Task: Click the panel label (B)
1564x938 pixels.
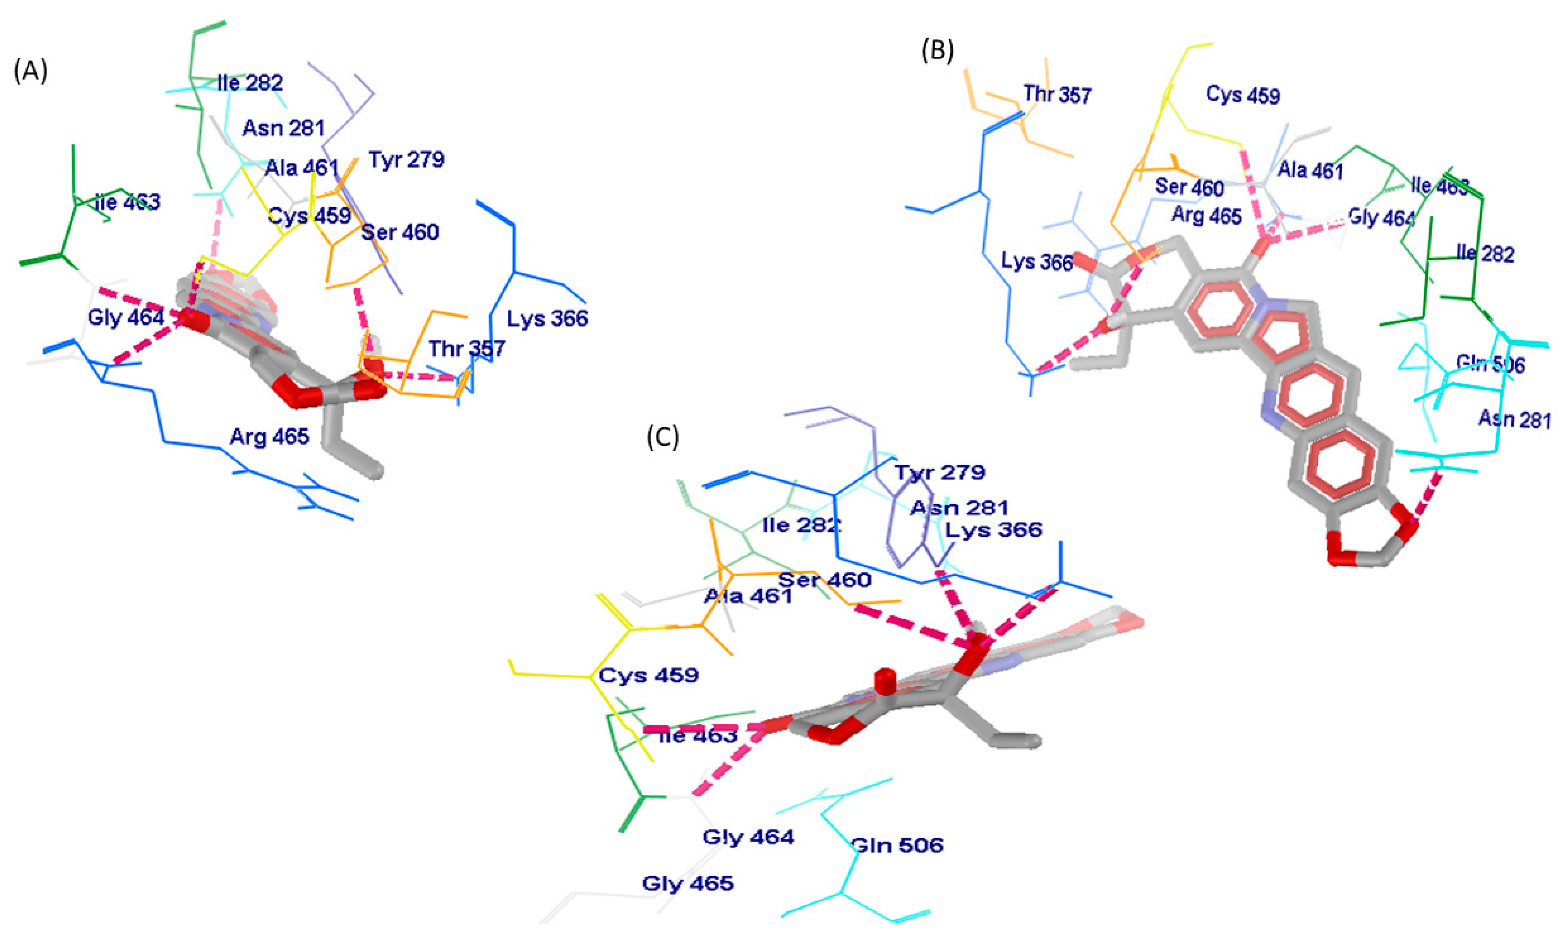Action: point(937,50)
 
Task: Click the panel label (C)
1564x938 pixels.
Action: point(663,437)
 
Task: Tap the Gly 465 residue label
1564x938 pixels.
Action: point(688,883)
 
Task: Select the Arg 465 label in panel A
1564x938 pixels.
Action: point(269,436)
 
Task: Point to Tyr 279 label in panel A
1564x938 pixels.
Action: point(406,159)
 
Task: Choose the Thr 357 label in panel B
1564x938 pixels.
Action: point(1057,95)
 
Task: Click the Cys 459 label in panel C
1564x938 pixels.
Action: point(649,675)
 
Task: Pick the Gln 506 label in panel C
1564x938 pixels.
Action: point(897,845)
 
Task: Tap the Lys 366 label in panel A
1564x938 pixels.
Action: point(547,318)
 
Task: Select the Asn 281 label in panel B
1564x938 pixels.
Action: point(1514,419)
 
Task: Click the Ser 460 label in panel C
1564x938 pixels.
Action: point(824,579)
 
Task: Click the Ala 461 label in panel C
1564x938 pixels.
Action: point(748,595)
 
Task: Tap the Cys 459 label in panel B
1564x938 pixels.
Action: point(1243,95)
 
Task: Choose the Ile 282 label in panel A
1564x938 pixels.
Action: point(250,83)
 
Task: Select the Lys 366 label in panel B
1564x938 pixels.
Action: point(1037,261)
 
